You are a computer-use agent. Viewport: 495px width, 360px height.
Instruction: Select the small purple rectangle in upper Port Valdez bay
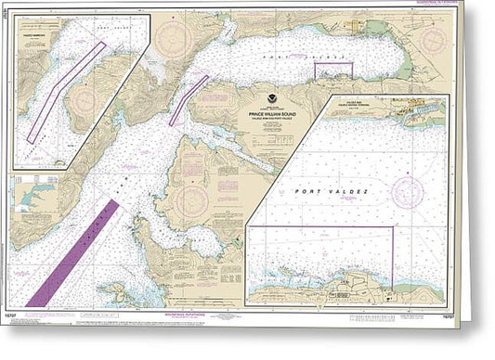tap(334, 69)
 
